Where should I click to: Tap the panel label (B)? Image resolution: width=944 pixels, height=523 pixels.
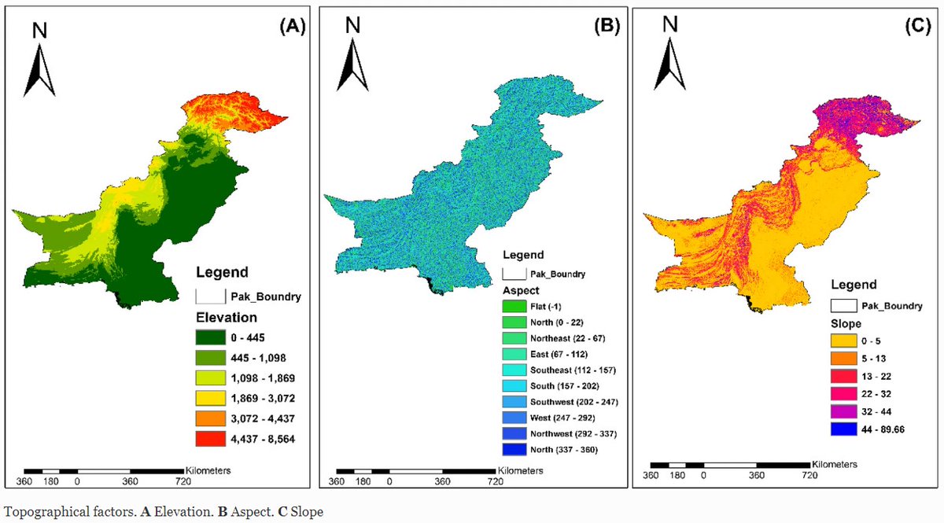606,26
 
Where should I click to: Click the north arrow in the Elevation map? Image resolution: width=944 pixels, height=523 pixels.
41,60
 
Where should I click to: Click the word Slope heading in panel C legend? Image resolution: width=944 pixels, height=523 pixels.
847,323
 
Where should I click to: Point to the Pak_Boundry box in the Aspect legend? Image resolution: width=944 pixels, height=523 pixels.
515,274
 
